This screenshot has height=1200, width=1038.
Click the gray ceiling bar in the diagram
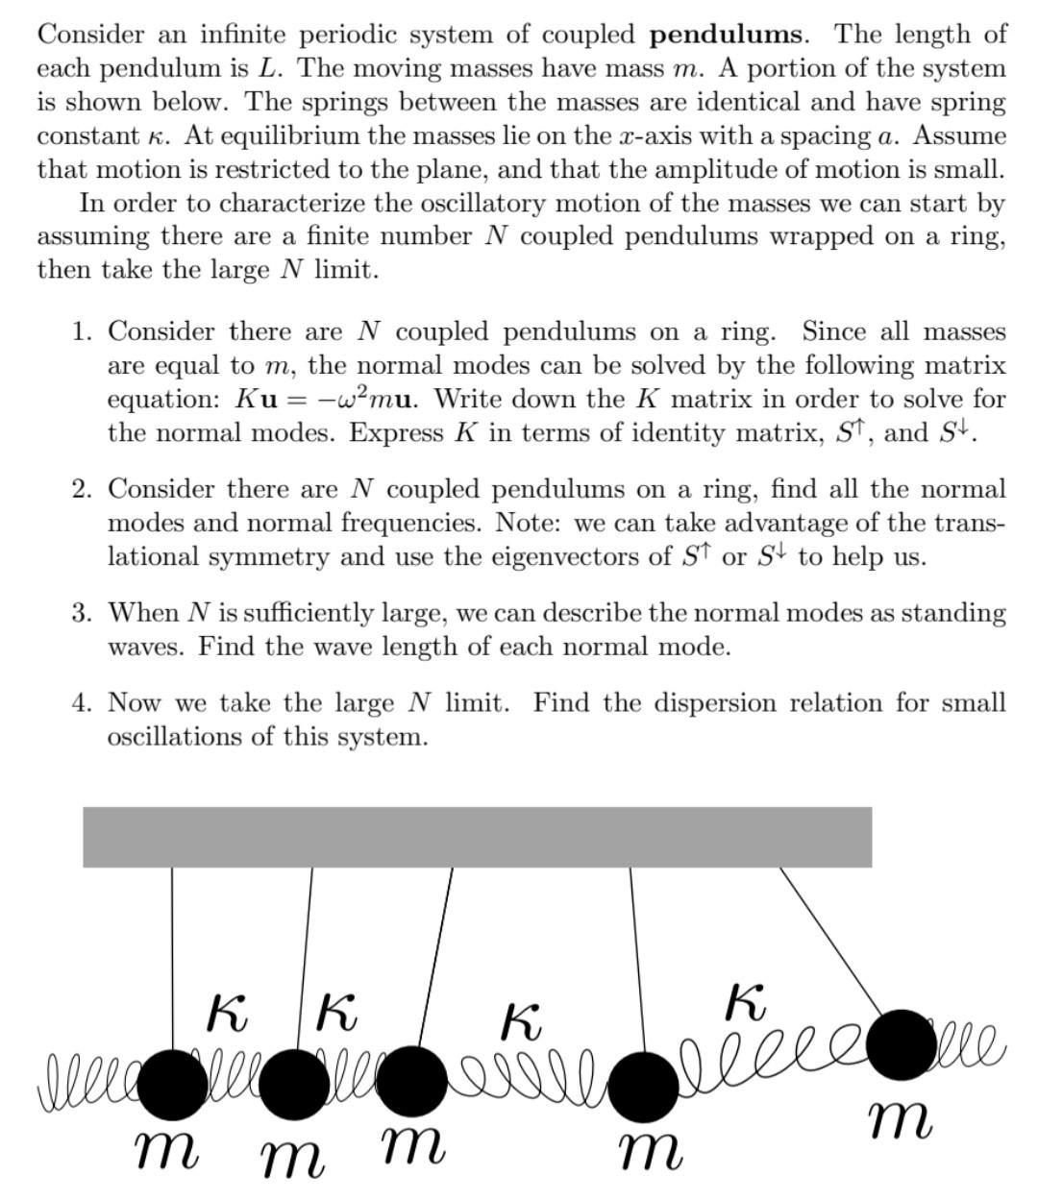click(x=477, y=837)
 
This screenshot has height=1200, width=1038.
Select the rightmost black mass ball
click(x=902, y=1043)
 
